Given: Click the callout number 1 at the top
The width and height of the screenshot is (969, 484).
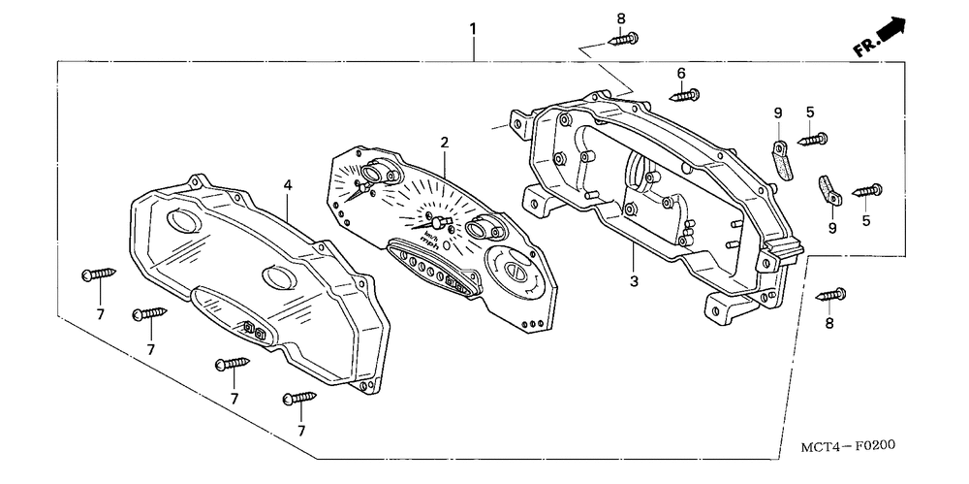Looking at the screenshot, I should [473, 29].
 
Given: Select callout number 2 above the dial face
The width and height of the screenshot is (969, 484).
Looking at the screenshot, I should [444, 143].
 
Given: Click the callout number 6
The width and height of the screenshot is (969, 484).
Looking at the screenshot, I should [681, 73].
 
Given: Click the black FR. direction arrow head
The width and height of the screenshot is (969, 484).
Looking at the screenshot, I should [892, 30].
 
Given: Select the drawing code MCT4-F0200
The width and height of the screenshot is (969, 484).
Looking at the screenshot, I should [847, 447].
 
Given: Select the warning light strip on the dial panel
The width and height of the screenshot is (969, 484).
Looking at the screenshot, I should [433, 269].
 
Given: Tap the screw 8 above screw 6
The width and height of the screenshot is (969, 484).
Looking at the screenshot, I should [622, 40].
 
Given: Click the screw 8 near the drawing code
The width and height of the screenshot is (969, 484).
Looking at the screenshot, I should [831, 293].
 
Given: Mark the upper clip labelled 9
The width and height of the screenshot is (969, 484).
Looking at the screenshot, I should [782, 159].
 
